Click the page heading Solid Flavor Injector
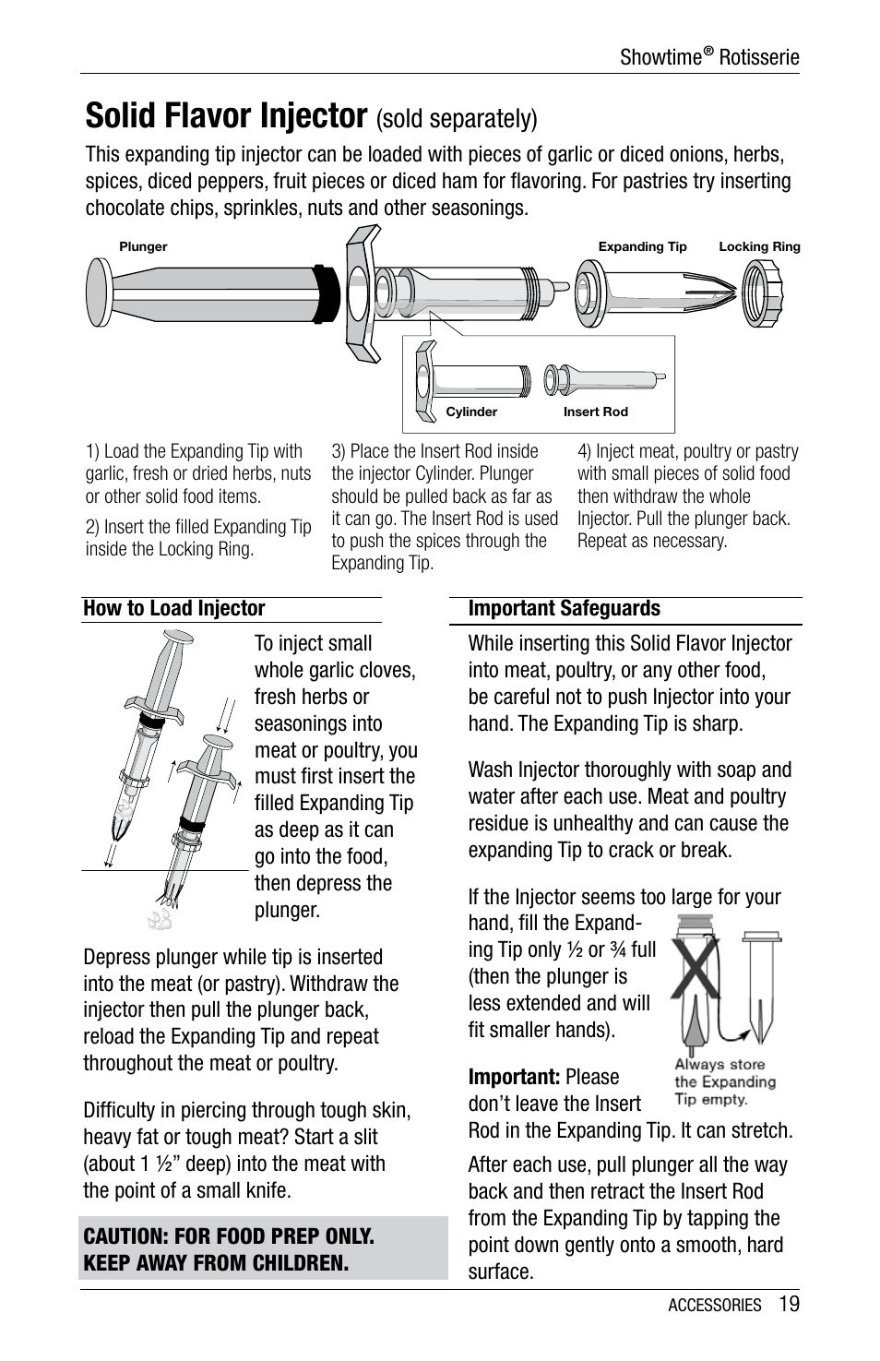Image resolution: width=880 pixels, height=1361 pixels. [x=226, y=116]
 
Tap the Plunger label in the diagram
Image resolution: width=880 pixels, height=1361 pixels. [x=143, y=246]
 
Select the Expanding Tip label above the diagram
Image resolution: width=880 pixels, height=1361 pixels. [x=642, y=246]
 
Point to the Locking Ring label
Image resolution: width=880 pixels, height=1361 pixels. [x=759, y=246]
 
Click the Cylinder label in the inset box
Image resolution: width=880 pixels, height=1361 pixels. [x=471, y=412]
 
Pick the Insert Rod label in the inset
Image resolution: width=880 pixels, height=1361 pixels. [x=595, y=412]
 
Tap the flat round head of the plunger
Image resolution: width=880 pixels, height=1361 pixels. [x=97, y=291]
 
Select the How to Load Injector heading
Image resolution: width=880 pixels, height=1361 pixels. [x=174, y=608]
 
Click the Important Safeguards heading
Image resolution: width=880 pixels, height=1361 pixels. [x=564, y=608]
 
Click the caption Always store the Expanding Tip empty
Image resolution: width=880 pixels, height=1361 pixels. [x=724, y=1081]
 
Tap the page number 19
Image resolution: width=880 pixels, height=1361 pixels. [x=788, y=1304]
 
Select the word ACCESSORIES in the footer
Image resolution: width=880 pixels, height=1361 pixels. [x=715, y=1306]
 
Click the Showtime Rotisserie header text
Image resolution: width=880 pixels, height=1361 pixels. [x=708, y=57]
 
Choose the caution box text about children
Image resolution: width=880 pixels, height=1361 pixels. [x=229, y=1248]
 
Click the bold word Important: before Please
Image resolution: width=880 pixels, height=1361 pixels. [x=514, y=1077]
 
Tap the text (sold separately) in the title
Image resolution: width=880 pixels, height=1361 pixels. [x=456, y=119]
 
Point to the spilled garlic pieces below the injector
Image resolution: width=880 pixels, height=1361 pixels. [x=161, y=917]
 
